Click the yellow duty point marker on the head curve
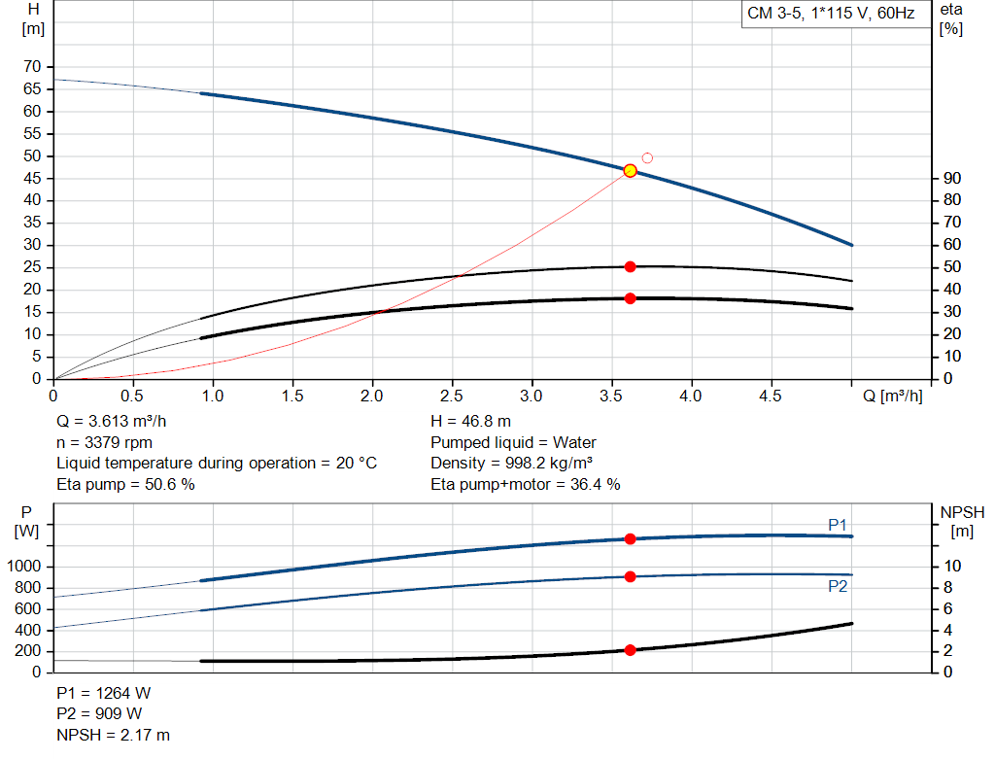pyautogui.click(x=630, y=171)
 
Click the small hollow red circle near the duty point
pyautogui.click(x=647, y=157)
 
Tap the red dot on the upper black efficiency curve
pyautogui.click(x=630, y=266)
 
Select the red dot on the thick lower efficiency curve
pyautogui.click(x=630, y=298)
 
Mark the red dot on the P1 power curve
pyautogui.click(x=630, y=538)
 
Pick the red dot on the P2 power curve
pyautogui.click(x=630, y=576)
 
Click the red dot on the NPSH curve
pyautogui.click(x=630, y=650)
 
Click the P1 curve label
pyautogui.click(x=838, y=525)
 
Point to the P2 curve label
pyautogui.click(x=838, y=587)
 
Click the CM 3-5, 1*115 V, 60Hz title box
pyautogui.click(x=831, y=15)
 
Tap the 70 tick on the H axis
pyautogui.click(x=33, y=67)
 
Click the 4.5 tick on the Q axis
pyautogui.click(x=771, y=397)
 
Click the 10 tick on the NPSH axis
pyautogui.click(x=952, y=567)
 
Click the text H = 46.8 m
pyautogui.click(x=470, y=422)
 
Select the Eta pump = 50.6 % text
pyautogui.click(x=126, y=484)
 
